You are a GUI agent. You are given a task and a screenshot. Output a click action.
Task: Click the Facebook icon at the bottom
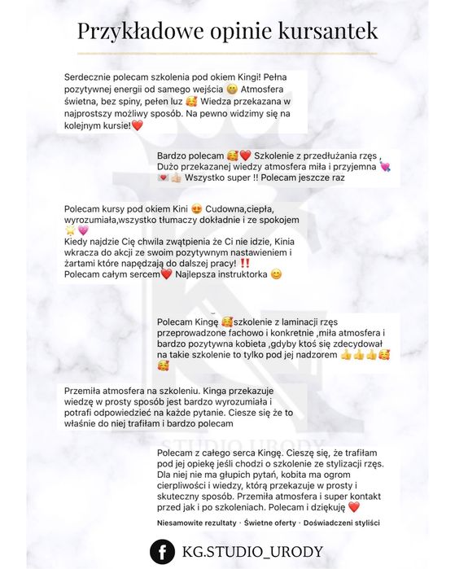coord(166,549)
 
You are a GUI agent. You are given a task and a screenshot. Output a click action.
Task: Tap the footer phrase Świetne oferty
coord(272,521)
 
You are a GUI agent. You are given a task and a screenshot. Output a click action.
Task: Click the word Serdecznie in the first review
coord(91,76)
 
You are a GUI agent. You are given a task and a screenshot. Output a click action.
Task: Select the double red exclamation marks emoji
coord(245,263)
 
